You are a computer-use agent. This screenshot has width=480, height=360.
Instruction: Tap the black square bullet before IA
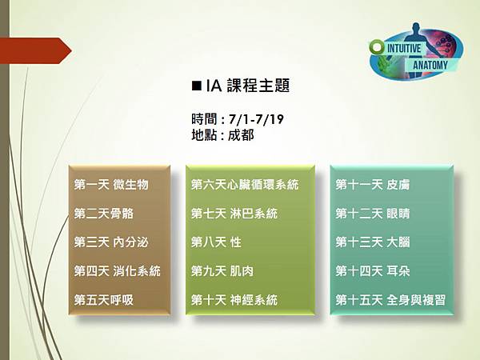(x=196, y=86)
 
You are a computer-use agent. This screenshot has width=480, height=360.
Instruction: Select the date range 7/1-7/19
(x=256, y=119)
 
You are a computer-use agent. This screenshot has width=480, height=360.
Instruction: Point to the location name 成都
(x=241, y=134)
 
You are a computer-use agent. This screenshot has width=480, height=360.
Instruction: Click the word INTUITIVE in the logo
(x=404, y=48)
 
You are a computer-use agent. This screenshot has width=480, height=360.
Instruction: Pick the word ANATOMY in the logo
(x=430, y=65)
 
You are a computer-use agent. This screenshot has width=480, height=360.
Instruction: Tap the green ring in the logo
(x=377, y=47)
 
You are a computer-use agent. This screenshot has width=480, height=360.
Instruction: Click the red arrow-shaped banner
(x=36, y=51)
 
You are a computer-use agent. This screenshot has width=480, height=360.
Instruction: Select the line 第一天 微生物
(x=111, y=185)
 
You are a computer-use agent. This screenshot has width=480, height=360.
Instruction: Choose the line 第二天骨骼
(x=104, y=214)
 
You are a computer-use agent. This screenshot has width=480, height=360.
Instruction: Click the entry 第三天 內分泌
(x=111, y=242)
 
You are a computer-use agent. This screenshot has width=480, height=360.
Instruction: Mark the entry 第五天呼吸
(x=104, y=300)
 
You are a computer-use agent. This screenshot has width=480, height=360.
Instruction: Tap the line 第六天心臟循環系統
(x=245, y=185)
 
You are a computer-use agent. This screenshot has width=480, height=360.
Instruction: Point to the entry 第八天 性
(x=216, y=242)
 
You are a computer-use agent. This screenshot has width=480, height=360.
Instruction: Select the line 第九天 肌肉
(x=222, y=271)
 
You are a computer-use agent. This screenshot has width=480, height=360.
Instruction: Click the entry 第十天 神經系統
(x=234, y=300)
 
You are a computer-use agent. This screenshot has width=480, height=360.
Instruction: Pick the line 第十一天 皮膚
(x=373, y=185)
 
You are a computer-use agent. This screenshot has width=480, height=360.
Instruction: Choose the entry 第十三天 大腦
(x=373, y=242)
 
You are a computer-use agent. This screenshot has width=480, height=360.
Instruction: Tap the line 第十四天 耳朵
(x=373, y=271)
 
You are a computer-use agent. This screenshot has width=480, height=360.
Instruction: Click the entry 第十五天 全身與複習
(x=390, y=300)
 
